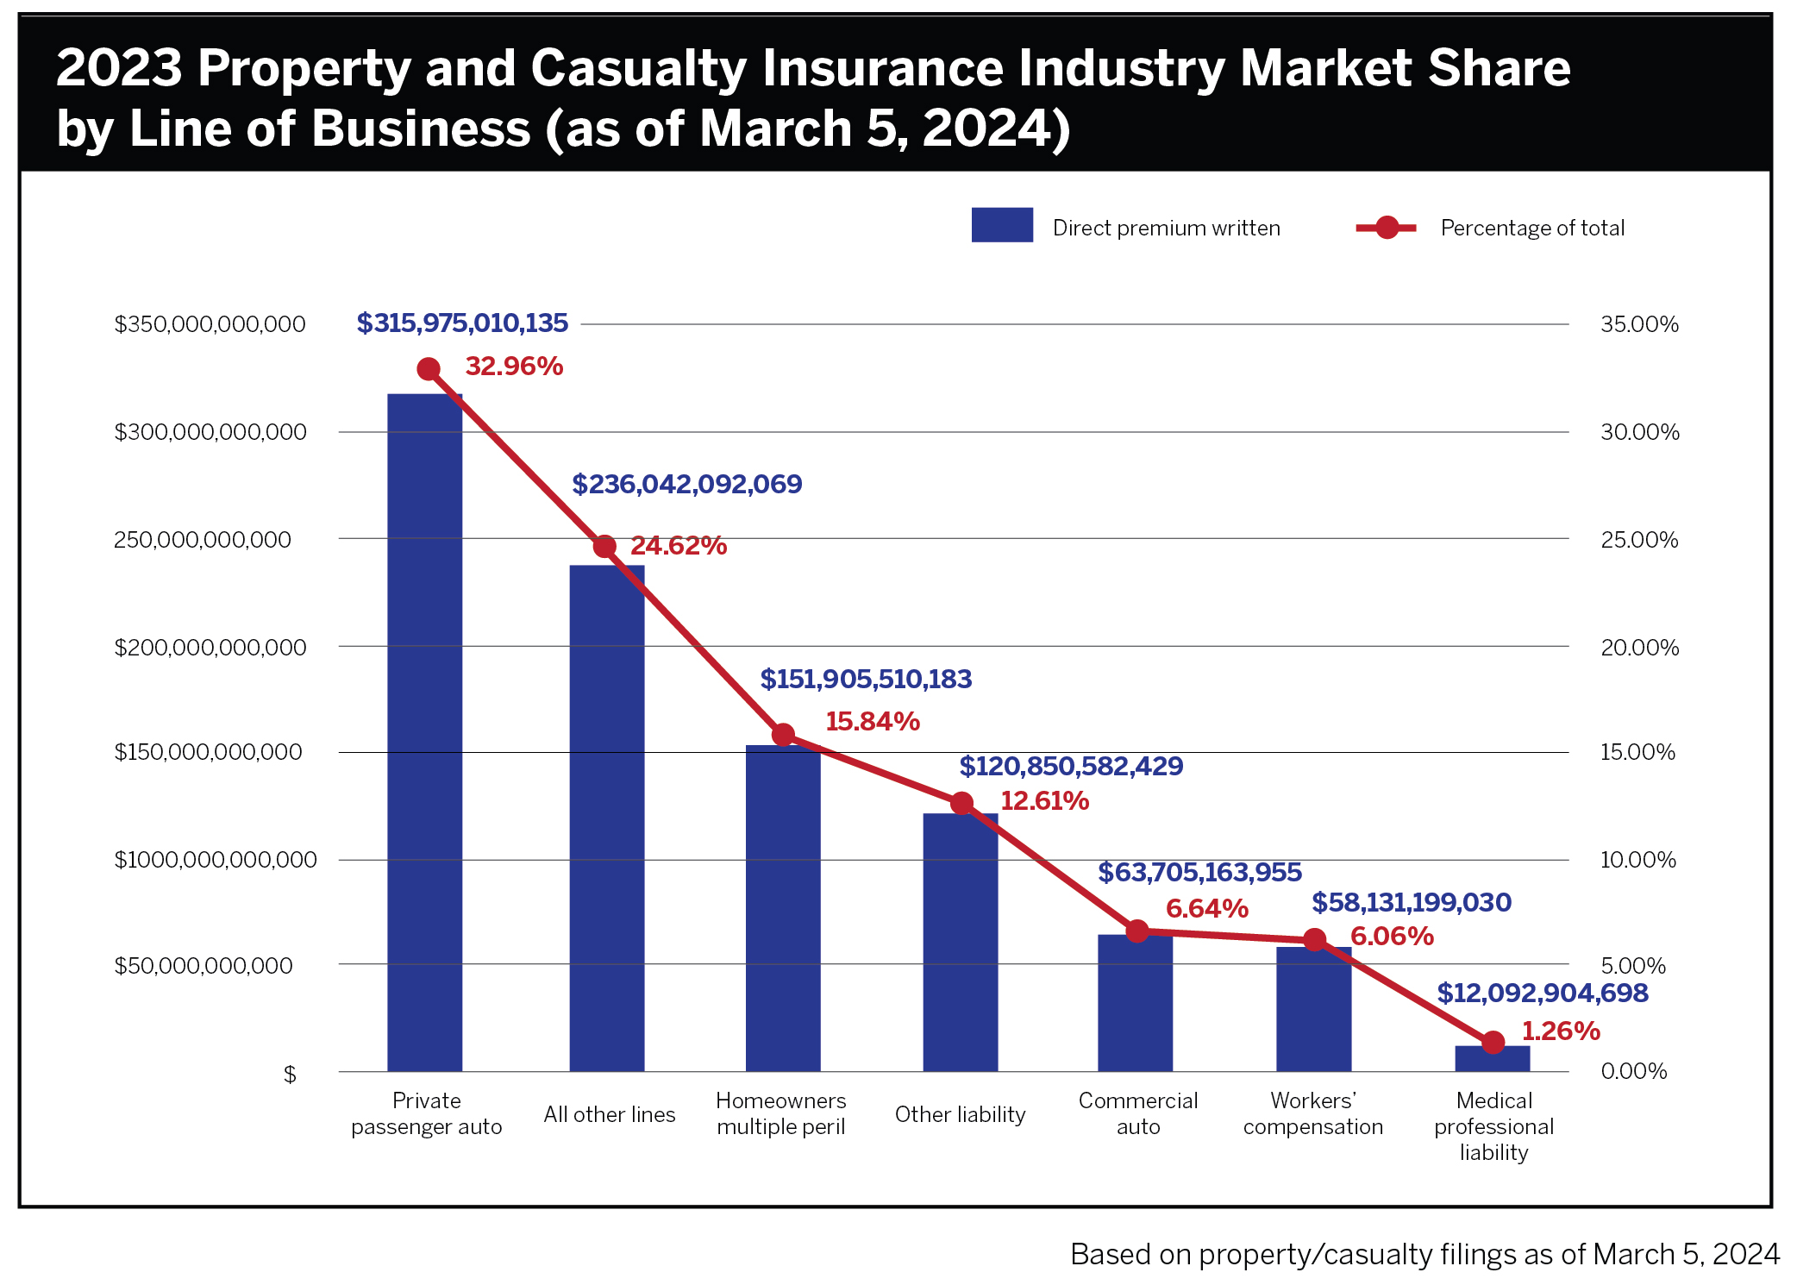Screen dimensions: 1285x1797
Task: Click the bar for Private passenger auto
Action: tap(424, 733)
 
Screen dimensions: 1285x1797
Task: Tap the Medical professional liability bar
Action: tap(1492, 1058)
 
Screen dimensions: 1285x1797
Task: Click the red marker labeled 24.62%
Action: tap(604, 546)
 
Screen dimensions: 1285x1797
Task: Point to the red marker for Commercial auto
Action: tap(1137, 931)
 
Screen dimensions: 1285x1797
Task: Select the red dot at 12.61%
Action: tap(961, 803)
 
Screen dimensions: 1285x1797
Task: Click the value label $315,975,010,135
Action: tap(462, 323)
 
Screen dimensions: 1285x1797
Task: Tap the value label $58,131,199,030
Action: tap(1411, 902)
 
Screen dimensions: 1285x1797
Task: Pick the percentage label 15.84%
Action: tap(872, 721)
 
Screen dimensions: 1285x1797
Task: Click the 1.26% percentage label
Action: tap(1560, 1031)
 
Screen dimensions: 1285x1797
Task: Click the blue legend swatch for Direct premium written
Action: tap(1001, 225)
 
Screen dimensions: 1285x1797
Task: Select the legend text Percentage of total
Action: tap(1531, 228)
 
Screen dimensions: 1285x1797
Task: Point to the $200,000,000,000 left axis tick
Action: tap(210, 647)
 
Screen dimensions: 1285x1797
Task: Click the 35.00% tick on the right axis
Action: tap(1639, 324)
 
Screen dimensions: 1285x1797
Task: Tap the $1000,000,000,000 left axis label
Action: tap(216, 859)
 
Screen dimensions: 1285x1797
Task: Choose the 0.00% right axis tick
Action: tap(1633, 1070)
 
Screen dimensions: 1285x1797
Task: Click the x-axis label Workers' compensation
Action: tap(1312, 1113)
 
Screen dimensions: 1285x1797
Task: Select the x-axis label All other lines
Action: tap(609, 1114)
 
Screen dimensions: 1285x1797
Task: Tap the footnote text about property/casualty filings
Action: tap(1424, 1253)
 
